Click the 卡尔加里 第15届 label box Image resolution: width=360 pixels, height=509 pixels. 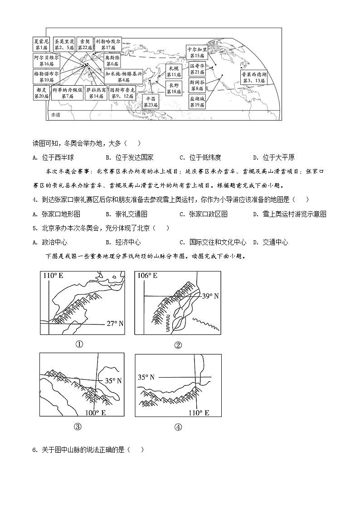pyautogui.click(x=197, y=52)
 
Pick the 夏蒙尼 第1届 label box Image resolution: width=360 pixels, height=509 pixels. pyautogui.click(x=41, y=44)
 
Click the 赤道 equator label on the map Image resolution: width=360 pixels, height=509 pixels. pyautogui.click(x=56, y=115)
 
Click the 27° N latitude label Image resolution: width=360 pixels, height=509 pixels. pyautogui.click(x=115, y=324)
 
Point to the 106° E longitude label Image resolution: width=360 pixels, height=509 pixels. pyautogui.click(x=147, y=276)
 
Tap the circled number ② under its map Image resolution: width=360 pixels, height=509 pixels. pyautogui.click(x=178, y=345)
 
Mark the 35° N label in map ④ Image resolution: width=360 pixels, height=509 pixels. pyautogui.click(x=146, y=377)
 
